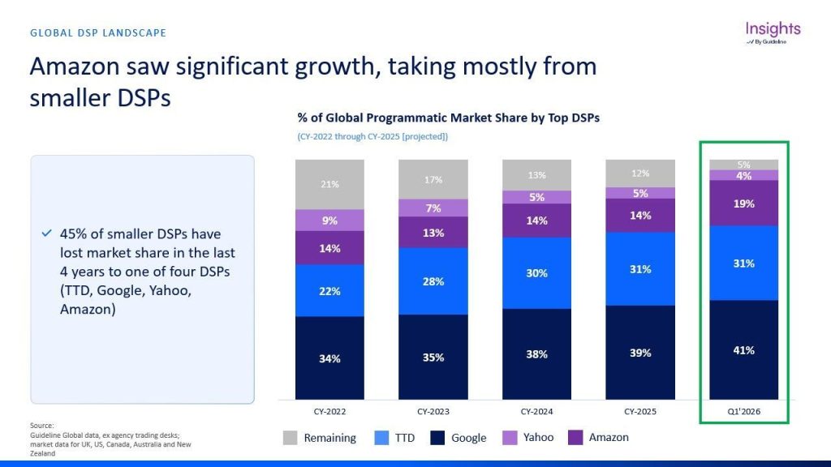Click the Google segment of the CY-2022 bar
329,358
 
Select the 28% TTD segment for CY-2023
433,281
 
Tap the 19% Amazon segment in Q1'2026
743,204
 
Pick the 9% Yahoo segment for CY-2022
329,221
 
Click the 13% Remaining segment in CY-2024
537,175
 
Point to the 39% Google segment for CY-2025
640,353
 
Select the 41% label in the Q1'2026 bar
743,350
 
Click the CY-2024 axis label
537,411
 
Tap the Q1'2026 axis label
743,411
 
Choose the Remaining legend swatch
290,437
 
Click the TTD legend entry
395,437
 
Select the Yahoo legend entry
527,437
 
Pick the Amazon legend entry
598,437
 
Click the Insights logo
773,32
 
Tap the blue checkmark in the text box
46,233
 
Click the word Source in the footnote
41,425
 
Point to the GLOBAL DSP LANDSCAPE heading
98,32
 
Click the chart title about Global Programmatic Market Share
448,118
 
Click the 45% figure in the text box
71,234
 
